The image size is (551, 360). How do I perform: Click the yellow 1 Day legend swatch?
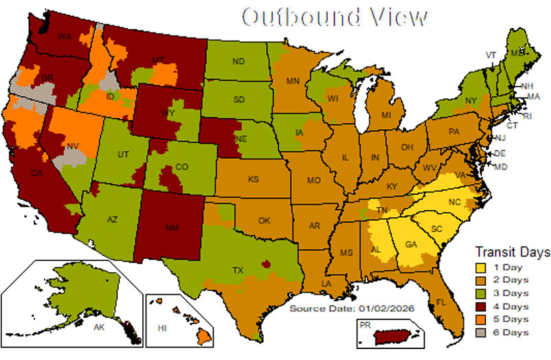coord(482,267)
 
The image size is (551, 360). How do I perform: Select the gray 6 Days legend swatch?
coord(482,333)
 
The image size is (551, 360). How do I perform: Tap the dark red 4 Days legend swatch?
coord(482,306)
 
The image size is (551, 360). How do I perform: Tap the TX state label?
coord(238,271)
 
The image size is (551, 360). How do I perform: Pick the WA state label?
coord(65,36)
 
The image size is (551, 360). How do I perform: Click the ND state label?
coord(238,62)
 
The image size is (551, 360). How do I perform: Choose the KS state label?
coord(254,179)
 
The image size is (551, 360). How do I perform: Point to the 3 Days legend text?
coord(510,293)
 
